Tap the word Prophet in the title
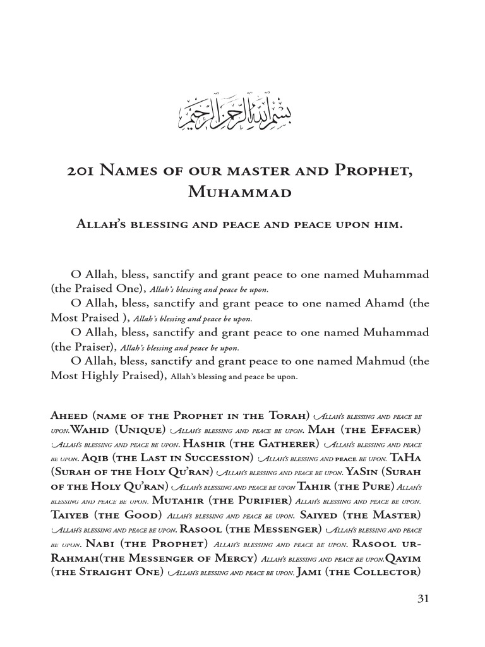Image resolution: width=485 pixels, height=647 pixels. [x=381, y=172]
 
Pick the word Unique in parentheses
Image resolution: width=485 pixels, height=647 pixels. [x=140, y=430]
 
